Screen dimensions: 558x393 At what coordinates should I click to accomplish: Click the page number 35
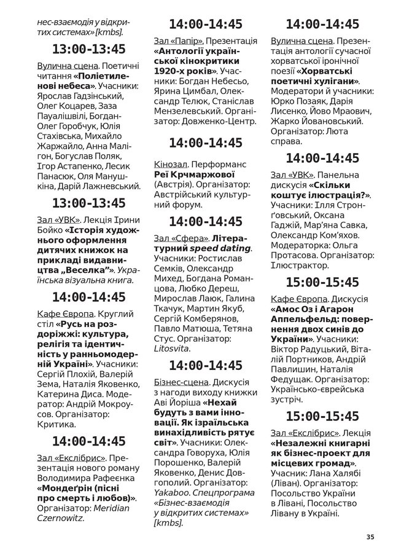[369, 536]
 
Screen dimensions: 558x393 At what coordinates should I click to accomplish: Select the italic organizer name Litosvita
[172, 348]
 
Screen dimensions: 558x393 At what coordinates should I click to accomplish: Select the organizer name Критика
[58, 424]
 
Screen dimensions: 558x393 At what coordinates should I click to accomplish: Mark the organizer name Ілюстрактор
[300, 265]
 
